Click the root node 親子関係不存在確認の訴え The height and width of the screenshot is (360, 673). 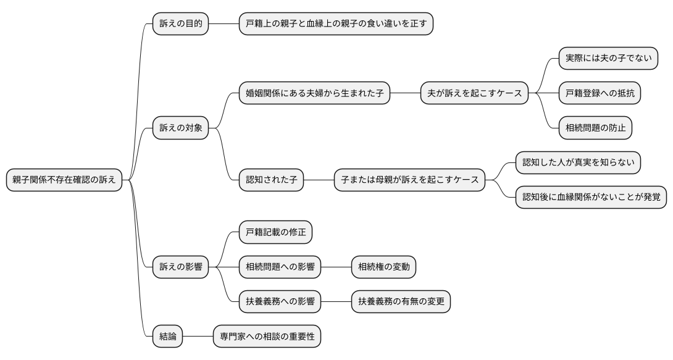click(x=64, y=180)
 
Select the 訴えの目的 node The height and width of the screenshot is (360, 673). click(x=180, y=24)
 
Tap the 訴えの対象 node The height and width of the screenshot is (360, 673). click(x=180, y=128)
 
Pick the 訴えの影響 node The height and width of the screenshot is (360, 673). click(x=180, y=267)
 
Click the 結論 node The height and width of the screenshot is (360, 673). click(x=167, y=337)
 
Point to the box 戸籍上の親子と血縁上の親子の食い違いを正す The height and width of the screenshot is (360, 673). click(x=336, y=24)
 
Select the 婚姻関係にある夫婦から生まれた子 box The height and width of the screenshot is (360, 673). click(x=314, y=94)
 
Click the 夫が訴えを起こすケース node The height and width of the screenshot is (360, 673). click(x=474, y=94)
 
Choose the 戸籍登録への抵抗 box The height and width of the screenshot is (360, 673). click(x=599, y=94)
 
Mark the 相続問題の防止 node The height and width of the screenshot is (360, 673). click(x=595, y=128)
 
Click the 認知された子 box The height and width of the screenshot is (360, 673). click(x=271, y=180)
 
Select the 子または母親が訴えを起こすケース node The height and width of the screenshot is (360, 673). click(x=409, y=180)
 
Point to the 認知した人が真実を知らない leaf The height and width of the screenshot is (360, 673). click(x=578, y=162)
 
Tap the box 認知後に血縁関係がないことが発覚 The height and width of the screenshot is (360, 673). click(x=591, y=197)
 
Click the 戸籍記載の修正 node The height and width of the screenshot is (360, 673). click(x=275, y=233)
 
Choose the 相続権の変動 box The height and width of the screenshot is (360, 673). click(x=383, y=267)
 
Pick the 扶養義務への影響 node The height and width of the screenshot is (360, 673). click(x=280, y=302)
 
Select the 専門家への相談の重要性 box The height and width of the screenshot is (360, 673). click(x=267, y=337)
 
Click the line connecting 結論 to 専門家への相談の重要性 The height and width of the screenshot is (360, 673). click(x=198, y=337)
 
